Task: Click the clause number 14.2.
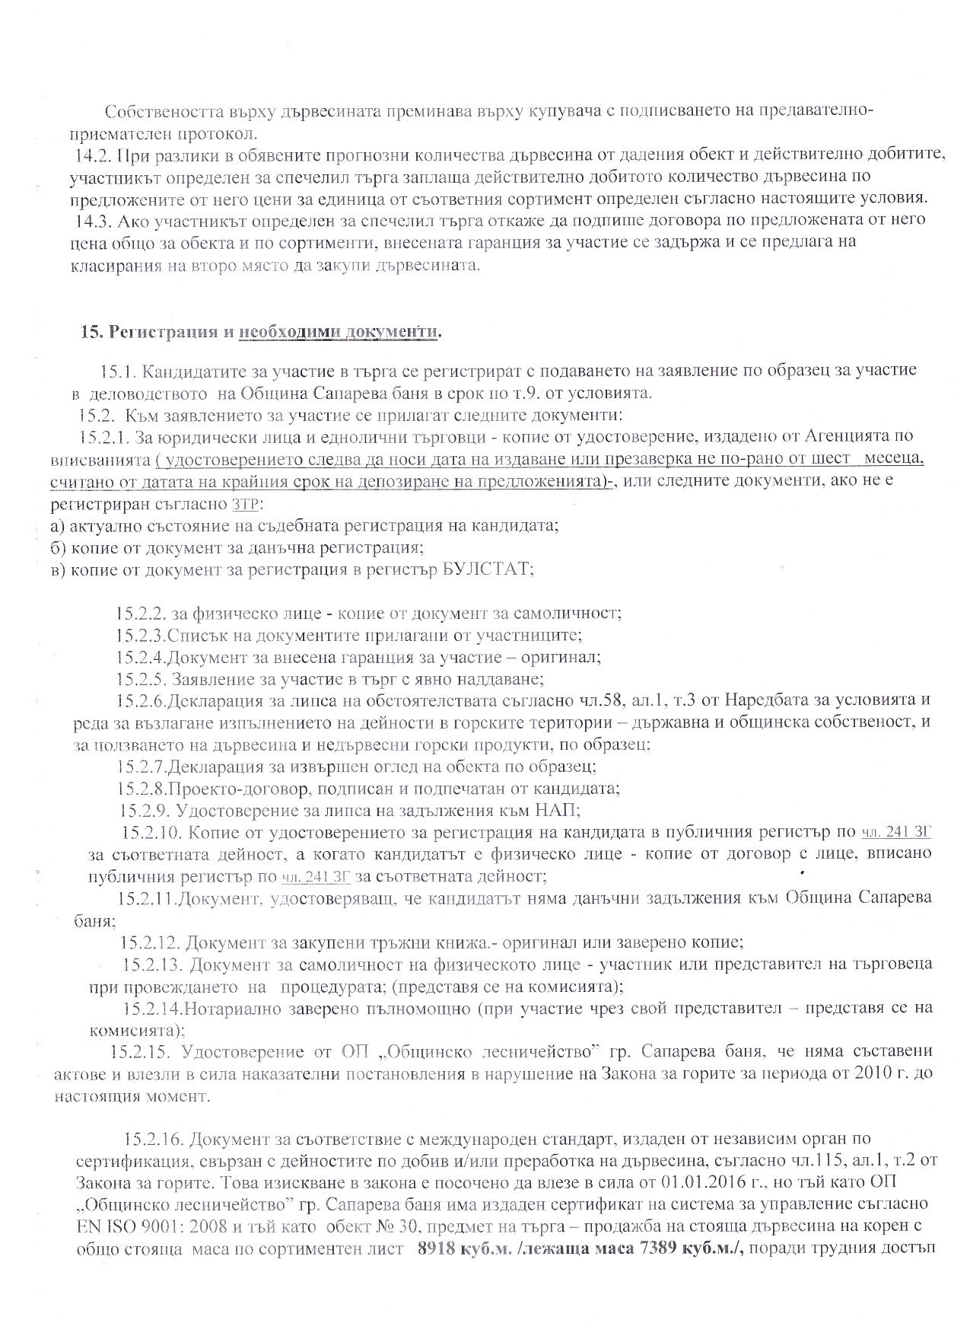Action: (x=93, y=155)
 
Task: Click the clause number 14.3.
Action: (x=93, y=220)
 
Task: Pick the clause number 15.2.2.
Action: (x=141, y=613)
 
